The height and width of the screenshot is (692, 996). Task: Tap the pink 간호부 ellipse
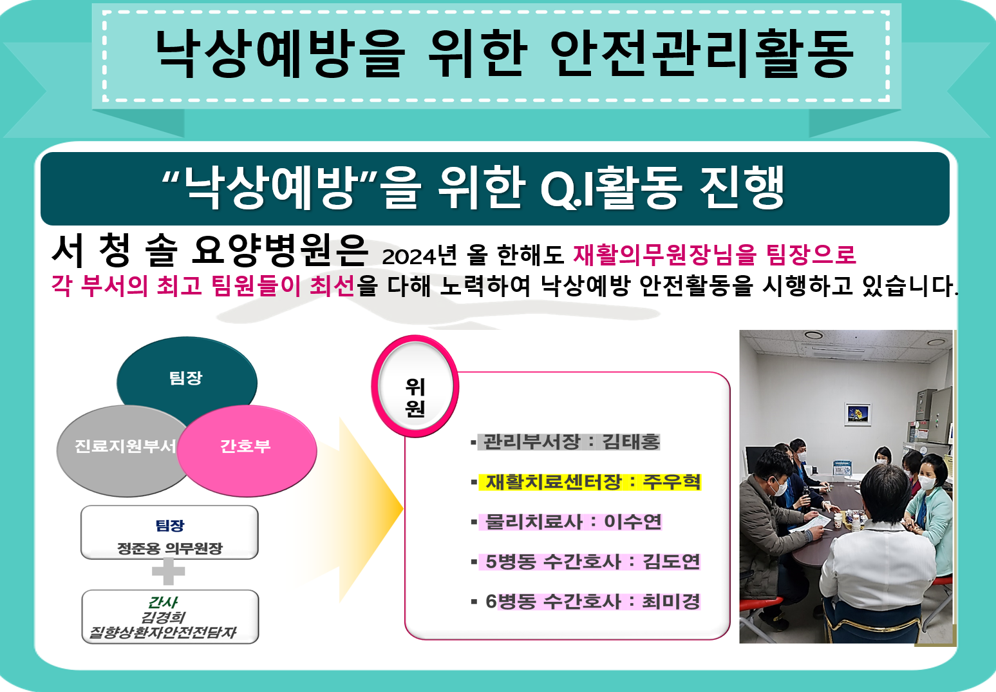247,450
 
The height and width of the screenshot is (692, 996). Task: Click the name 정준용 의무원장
169,548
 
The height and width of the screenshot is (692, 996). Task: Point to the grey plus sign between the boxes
169,571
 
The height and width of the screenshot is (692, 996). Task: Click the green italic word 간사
163,602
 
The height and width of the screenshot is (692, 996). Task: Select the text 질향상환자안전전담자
163,632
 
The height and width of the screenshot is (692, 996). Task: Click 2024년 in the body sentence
419,255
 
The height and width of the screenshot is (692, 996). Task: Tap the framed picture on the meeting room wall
858,413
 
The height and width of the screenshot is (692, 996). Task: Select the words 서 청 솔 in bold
115,251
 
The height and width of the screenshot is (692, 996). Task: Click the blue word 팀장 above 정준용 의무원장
169,525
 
